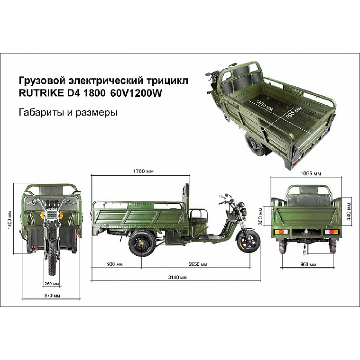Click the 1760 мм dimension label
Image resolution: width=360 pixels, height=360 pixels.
(x=143, y=171)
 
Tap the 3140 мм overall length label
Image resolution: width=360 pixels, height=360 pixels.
(x=177, y=277)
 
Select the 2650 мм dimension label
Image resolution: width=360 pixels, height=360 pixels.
(x=198, y=264)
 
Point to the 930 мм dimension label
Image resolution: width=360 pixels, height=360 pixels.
(x=115, y=264)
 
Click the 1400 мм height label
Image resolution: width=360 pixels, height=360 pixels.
(x=10, y=220)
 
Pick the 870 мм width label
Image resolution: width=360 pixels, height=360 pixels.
(x=52, y=296)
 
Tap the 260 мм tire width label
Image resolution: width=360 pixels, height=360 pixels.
(x=51, y=284)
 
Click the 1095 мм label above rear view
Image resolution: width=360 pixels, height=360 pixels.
(x=311, y=174)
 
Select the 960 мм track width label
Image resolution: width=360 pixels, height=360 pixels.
(x=308, y=265)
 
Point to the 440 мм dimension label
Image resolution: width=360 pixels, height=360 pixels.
(x=349, y=211)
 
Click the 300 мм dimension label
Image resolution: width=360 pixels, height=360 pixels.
(x=260, y=216)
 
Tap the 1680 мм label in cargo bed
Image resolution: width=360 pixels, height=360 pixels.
(x=264, y=105)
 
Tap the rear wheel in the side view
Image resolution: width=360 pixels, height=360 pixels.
(x=141, y=243)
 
